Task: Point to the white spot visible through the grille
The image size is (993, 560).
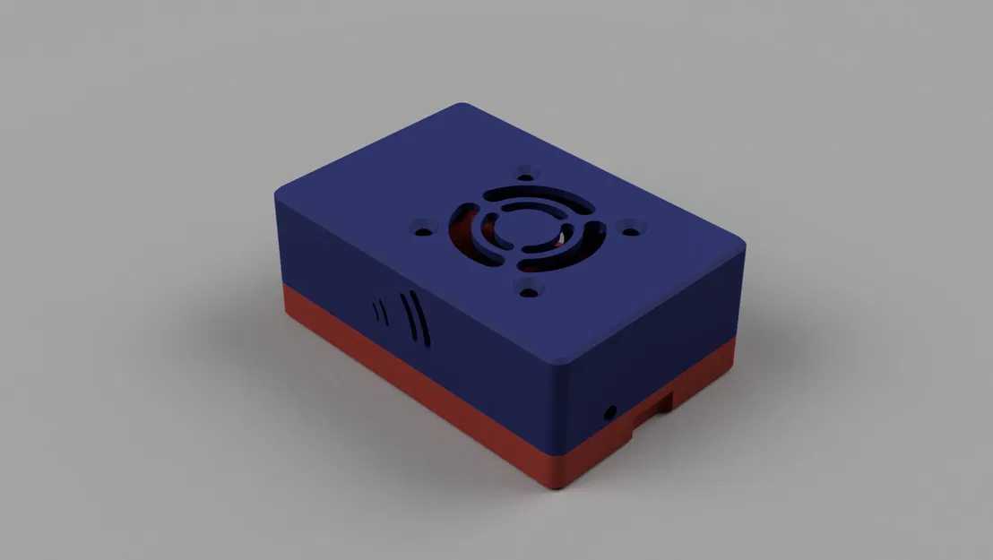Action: [x=562, y=238]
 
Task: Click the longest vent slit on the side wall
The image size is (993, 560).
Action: [x=422, y=319]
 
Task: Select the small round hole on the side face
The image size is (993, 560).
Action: [x=611, y=413]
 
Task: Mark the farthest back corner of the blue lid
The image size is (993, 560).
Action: [x=464, y=106]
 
